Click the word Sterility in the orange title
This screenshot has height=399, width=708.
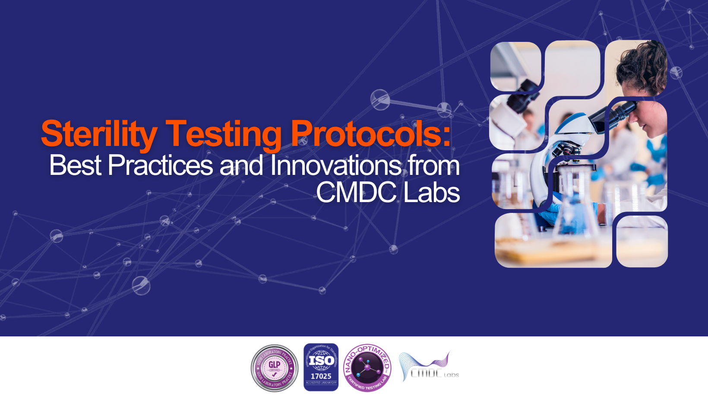click(99, 134)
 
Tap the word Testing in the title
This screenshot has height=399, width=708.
click(223, 134)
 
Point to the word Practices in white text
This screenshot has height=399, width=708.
click(160, 165)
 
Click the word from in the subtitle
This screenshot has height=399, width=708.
click(434, 165)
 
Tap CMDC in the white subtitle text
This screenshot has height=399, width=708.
click(356, 192)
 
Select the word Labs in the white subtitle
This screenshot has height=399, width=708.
click(432, 192)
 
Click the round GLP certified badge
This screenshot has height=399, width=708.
click(275, 368)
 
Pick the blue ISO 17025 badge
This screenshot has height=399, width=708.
click(321, 367)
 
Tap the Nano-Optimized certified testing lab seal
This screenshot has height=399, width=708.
click(367, 368)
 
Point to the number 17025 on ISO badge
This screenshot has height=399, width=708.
click(321, 377)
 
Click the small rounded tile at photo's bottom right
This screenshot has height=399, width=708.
click(642, 241)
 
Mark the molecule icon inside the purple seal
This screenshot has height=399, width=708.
click(367, 368)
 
